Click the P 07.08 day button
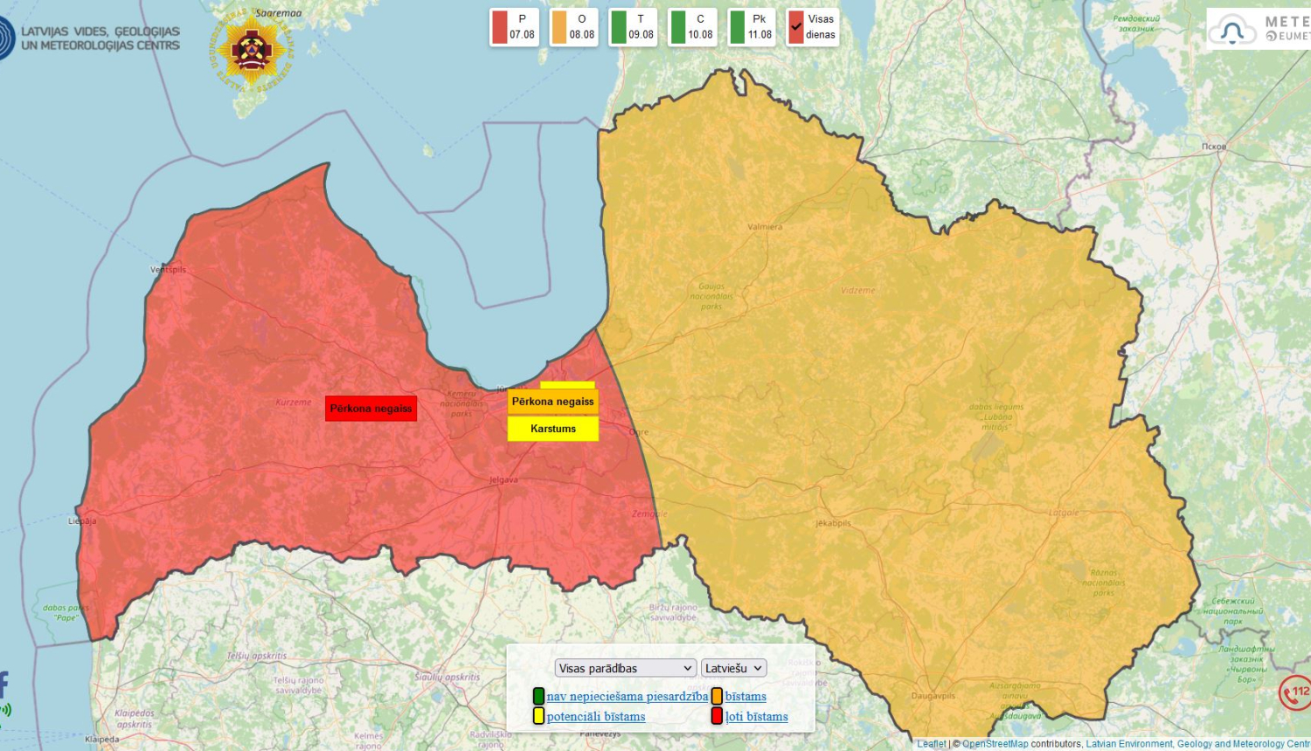click(514, 27)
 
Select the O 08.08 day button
click(573, 27)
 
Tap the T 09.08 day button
click(633, 27)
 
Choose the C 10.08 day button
click(692, 27)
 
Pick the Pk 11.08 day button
click(752, 27)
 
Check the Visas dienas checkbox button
click(812, 27)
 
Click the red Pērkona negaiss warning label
click(371, 408)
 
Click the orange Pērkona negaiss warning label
click(552, 402)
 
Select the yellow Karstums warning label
click(552, 429)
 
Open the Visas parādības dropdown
click(625, 668)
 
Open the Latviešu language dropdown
click(733, 668)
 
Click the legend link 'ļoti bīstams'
click(756, 717)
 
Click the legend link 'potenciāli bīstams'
click(596, 717)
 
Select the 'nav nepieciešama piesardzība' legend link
click(627, 697)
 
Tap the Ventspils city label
click(168, 270)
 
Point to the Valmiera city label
click(765, 227)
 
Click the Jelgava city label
click(503, 480)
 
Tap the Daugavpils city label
click(933, 696)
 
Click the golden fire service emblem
click(251, 50)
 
